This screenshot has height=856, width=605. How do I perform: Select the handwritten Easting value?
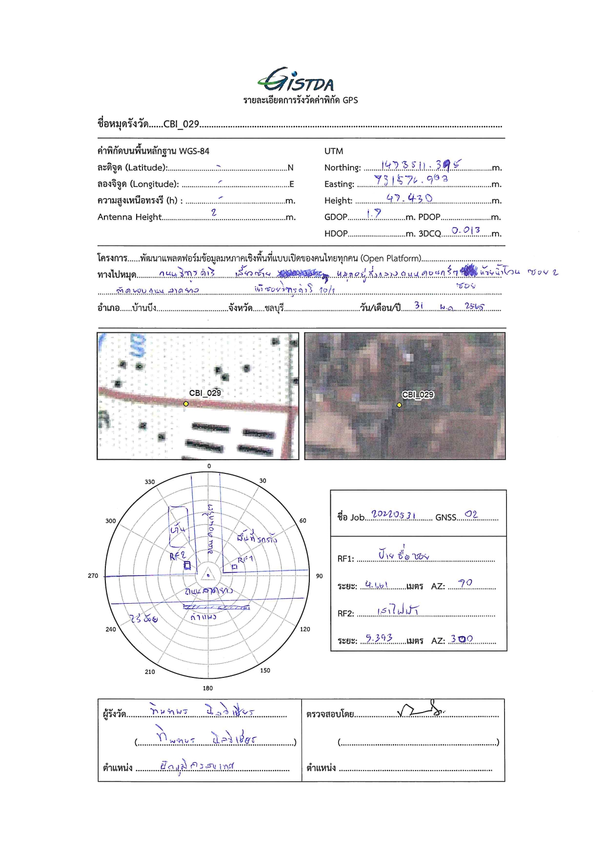(410, 180)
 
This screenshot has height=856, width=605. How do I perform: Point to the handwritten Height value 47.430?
(409, 198)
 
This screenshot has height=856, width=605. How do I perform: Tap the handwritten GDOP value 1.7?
(373, 214)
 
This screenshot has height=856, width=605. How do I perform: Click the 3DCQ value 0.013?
(465, 230)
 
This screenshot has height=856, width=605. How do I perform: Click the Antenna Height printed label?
(129, 217)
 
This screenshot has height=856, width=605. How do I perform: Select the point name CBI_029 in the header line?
(181, 124)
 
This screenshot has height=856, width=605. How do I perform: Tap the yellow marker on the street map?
(186, 404)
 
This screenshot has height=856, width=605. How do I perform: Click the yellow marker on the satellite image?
(399, 405)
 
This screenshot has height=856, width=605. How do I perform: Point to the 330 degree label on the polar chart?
(150, 482)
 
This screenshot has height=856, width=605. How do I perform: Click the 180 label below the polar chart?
(208, 688)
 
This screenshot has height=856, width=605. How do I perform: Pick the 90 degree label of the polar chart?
(319, 576)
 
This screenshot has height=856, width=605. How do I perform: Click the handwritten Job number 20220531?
(393, 514)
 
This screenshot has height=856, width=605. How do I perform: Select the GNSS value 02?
(471, 514)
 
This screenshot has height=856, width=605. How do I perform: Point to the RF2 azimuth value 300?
(461, 639)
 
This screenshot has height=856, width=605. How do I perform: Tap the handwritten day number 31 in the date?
(419, 306)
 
